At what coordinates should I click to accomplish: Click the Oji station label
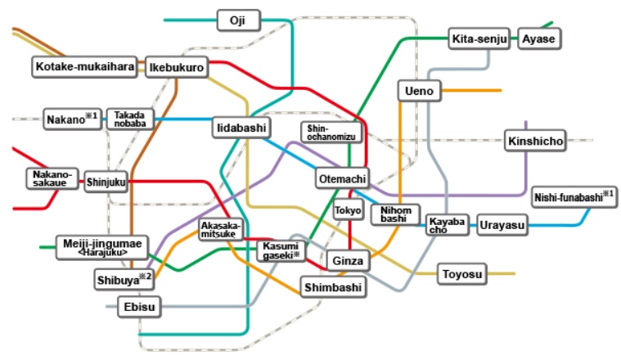pos(239,20)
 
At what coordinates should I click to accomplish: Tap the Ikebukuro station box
pos(177,67)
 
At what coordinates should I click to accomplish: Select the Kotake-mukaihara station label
pos(85,66)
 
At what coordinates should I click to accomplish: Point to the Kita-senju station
pos(479,38)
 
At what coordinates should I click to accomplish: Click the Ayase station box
pos(539,38)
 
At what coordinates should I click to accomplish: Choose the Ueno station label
pos(420,91)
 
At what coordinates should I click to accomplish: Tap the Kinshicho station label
pos(535,141)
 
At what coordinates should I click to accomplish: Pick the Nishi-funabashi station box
pos(574,197)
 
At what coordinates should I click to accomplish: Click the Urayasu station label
pos(502,225)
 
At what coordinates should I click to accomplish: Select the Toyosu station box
pos(462,274)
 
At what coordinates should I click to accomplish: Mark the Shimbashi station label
pos(333,287)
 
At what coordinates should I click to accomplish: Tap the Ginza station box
pos(348,261)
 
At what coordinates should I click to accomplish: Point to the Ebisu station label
pos(139,307)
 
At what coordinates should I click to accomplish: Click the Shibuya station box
pos(124,280)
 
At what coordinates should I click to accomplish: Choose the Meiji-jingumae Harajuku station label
pos(102,248)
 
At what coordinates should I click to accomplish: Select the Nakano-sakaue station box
pos(52,178)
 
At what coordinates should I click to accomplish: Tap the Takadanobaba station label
pos(130,119)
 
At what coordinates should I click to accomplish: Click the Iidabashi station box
pos(241,128)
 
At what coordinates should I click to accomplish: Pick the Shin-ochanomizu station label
pos(331,133)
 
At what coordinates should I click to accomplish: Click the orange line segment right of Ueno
pos(471,91)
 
